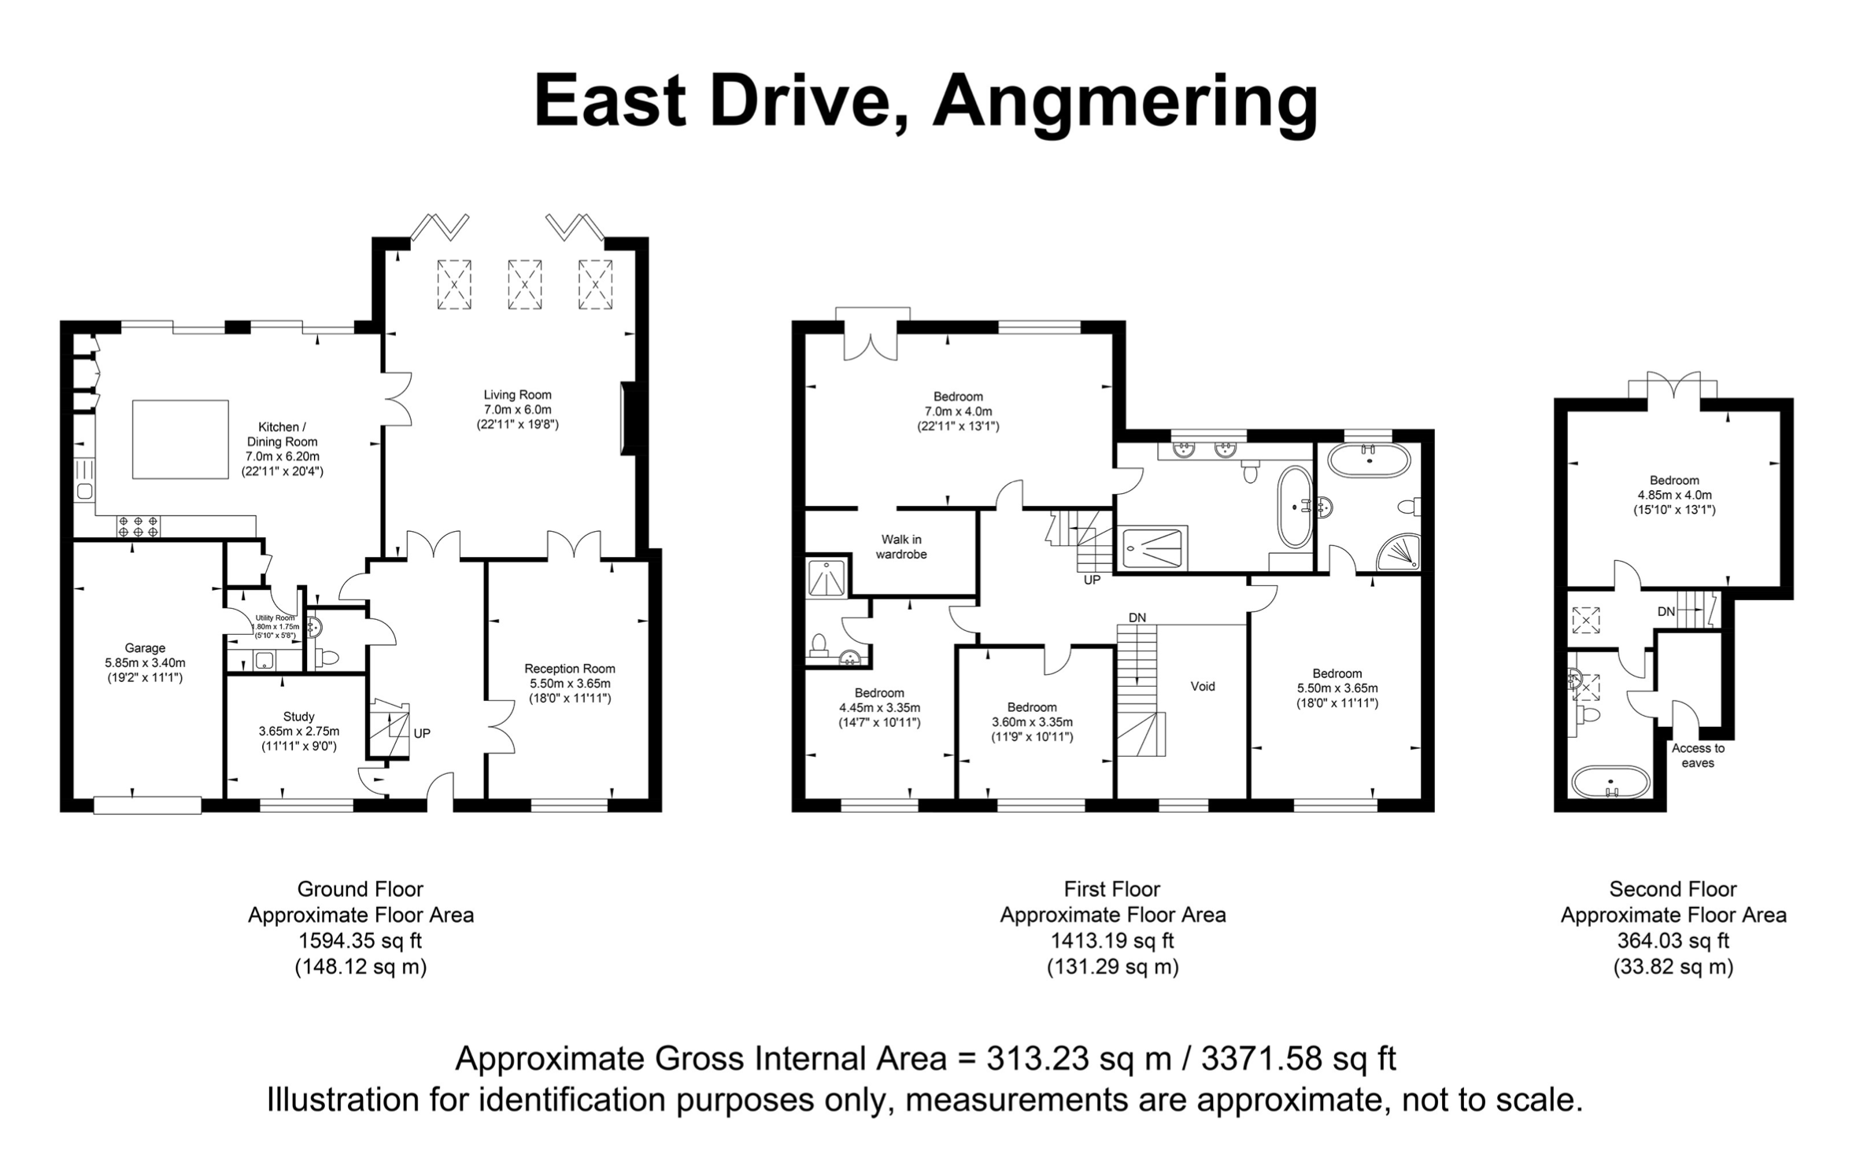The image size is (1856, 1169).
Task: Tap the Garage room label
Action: click(145, 647)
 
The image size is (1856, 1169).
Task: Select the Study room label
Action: click(299, 716)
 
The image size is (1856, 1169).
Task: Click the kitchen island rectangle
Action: click(180, 439)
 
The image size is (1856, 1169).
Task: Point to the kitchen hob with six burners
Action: click(139, 525)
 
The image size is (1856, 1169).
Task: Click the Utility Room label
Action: click(275, 618)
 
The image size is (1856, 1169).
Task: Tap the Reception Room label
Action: click(570, 669)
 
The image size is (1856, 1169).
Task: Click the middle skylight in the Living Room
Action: click(524, 284)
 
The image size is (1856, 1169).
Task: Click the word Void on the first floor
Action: click(1203, 686)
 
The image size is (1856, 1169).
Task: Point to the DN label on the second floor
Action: click(1666, 611)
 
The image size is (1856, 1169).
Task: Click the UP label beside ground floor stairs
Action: click(422, 733)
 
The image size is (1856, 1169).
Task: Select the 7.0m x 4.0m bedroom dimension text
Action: click(958, 411)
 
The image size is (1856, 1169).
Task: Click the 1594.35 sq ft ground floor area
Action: click(360, 941)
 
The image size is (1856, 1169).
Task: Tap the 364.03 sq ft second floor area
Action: click(1673, 941)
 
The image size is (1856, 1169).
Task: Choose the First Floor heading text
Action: click(1112, 889)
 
